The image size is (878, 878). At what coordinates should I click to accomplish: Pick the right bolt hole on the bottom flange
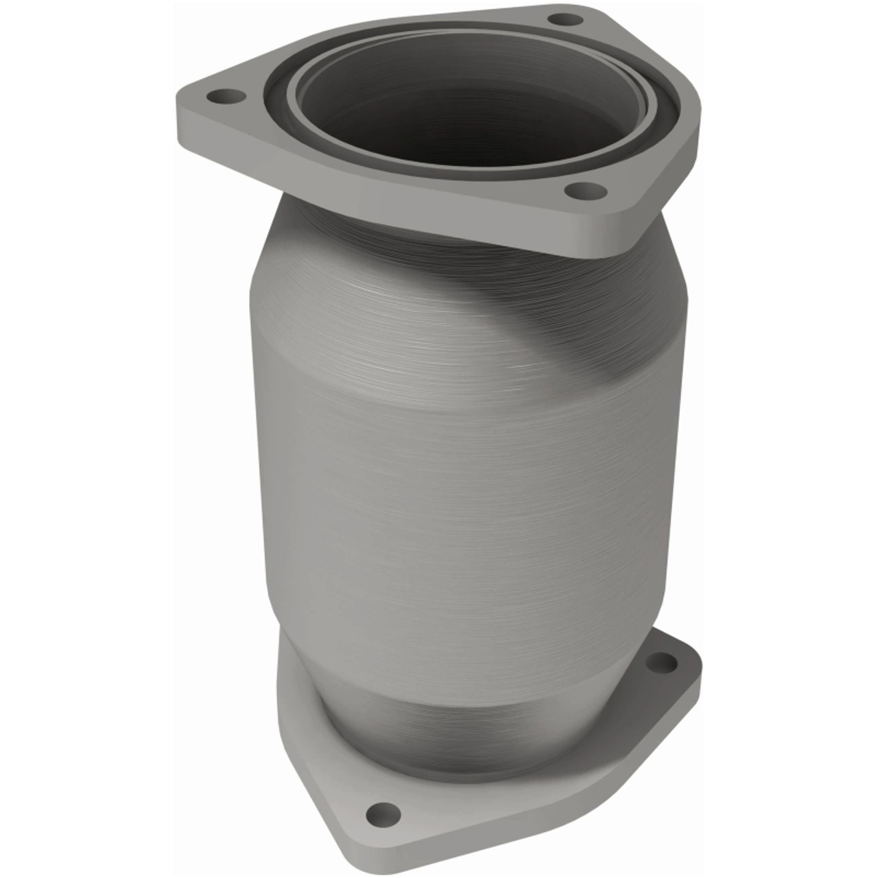662,663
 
